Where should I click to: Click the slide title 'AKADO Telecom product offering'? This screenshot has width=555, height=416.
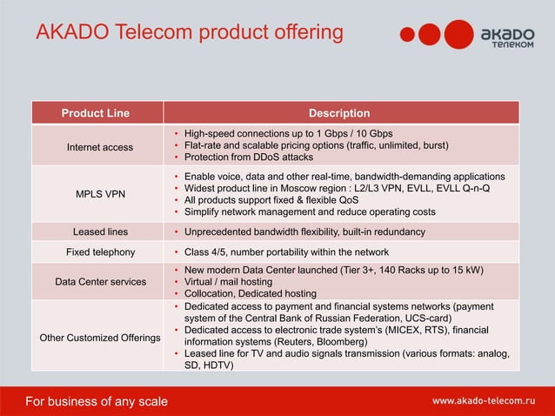pyautogui.click(x=189, y=33)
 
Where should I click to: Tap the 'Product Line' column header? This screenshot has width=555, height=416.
pyautogui.click(x=95, y=113)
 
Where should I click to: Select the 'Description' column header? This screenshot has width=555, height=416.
pyautogui.click(x=339, y=113)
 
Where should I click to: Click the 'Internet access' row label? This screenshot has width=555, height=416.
pyautogui.click(x=100, y=147)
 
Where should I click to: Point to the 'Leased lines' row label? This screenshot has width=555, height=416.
pyautogui.click(x=100, y=232)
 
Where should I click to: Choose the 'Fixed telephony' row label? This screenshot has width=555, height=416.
pyautogui.click(x=100, y=252)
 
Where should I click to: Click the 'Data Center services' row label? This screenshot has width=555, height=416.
pyautogui.click(x=100, y=282)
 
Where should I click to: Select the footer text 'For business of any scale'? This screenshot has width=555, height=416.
pyautogui.click(x=97, y=401)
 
